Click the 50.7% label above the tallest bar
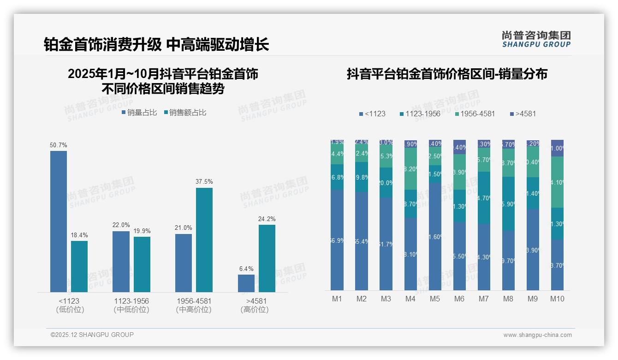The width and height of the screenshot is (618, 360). pos(59,145)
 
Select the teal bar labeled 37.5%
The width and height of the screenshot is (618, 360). pos(204,240)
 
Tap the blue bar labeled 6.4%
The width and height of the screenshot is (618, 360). pos(246,283)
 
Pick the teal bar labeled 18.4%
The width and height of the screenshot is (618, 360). pos(79,266)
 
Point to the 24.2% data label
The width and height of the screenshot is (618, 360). pos(267,219)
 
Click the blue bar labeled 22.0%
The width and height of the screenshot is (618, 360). pos(121,261)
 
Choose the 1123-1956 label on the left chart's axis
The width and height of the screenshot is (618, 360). pos(131,301)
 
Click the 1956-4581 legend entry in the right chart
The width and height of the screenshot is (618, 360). pos(475,114)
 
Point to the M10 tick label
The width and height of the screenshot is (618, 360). pos(557,299)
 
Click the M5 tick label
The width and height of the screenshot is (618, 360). pos(435,299)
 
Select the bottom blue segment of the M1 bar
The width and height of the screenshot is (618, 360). pos(337,240)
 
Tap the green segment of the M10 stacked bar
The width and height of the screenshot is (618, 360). pos(557,182)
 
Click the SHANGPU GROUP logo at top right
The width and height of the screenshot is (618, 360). pos(536,39)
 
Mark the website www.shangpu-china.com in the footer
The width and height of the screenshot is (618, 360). pos(537,335)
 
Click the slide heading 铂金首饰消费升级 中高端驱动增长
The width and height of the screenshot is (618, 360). pos(156,45)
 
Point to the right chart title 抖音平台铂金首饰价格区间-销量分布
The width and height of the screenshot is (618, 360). pos(447,74)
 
